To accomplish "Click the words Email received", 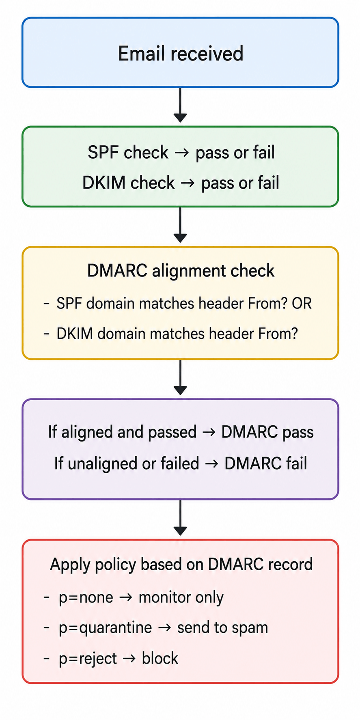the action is [181, 54].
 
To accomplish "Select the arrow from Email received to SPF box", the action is [180, 105].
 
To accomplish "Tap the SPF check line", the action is [181, 153].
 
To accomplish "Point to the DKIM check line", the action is [181, 183].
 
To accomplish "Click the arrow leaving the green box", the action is [180, 225].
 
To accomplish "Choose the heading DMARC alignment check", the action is [181, 271].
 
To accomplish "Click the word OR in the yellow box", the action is [302, 303].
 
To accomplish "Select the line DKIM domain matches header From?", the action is [177, 334].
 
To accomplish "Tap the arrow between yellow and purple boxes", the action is [180, 377].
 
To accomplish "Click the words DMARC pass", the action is [267, 432].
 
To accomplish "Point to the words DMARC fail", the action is [266, 463].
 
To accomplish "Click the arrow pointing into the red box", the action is [180, 517].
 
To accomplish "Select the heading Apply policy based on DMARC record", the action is [181, 565].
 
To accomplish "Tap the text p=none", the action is [86, 597].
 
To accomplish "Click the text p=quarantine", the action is [106, 628].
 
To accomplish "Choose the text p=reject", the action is [88, 658].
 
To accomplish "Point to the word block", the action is [160, 658].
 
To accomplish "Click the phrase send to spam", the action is [223, 628].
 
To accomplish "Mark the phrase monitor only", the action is [181, 597].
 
